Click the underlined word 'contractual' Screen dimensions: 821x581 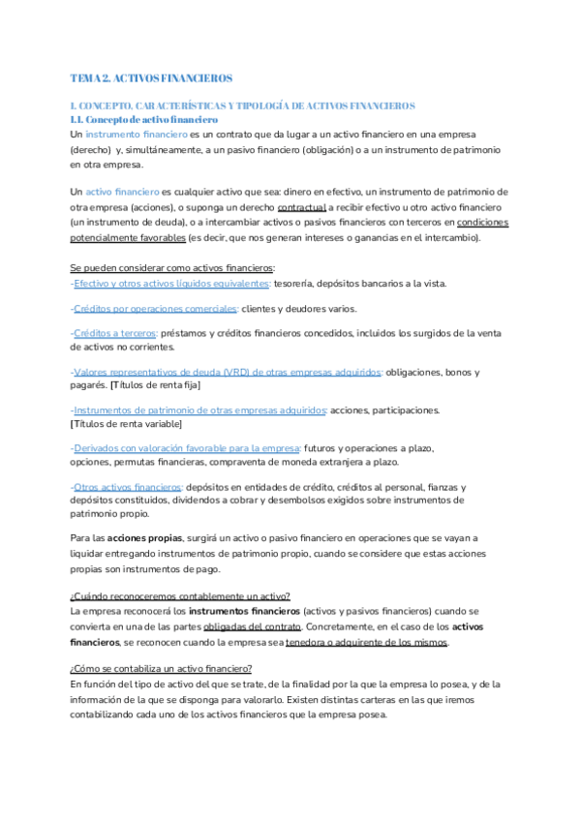pyautogui.click(x=302, y=208)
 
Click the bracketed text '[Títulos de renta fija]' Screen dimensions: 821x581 pyautogui.click(x=154, y=385)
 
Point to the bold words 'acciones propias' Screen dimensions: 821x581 pyautogui.click(x=143, y=537)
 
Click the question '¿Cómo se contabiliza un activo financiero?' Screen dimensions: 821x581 pyautogui.click(x=162, y=669)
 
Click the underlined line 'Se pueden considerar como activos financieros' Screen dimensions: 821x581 pyautogui.click(x=173, y=267)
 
